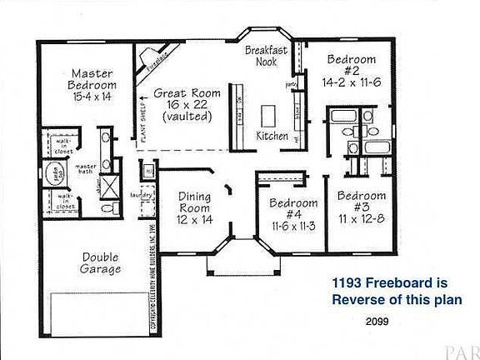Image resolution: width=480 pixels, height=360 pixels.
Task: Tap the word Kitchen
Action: [x=272, y=136]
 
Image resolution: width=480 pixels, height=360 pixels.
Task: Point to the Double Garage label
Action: [x=102, y=263]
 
